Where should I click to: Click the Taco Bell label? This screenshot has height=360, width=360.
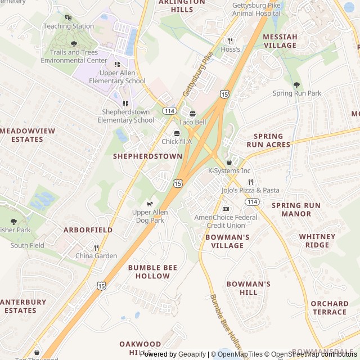pyautogui.click(x=192, y=122)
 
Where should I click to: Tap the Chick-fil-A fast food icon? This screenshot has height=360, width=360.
pyautogui.click(x=177, y=133)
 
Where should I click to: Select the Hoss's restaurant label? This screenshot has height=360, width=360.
pyautogui.click(x=230, y=49)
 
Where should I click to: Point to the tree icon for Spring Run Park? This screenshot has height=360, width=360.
pyautogui.click(x=296, y=85)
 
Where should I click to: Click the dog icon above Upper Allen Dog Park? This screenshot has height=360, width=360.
pyautogui.click(x=150, y=204)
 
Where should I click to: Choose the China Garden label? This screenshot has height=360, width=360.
pyautogui.click(x=96, y=256)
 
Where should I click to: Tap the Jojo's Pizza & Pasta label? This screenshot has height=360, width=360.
pyautogui.click(x=250, y=190)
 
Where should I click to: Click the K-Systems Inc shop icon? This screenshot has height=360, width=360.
pyautogui.click(x=229, y=163)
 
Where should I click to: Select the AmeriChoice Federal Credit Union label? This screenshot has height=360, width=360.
pyautogui.click(x=226, y=221)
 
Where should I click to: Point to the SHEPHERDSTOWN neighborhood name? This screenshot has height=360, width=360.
pyautogui.click(x=148, y=156)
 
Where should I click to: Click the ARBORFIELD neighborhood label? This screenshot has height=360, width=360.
pyautogui.click(x=88, y=230)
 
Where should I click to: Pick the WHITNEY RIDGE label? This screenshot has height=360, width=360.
pyautogui.click(x=317, y=241)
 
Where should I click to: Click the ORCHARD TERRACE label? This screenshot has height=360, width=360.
pyautogui.click(x=329, y=308)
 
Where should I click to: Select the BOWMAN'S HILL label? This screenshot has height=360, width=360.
pyautogui.click(x=248, y=289)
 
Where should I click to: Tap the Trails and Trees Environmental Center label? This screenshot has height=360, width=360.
pyautogui.click(x=74, y=56)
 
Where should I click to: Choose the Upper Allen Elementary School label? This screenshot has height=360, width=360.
pyautogui.click(x=117, y=77)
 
